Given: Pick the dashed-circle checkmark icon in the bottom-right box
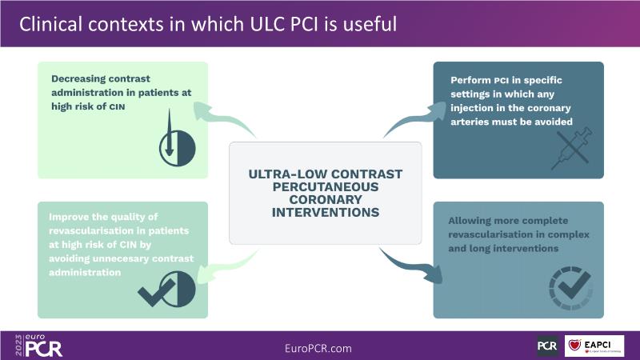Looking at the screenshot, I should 569,286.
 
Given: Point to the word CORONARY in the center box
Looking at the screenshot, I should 325,201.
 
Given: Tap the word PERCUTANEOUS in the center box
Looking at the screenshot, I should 325,187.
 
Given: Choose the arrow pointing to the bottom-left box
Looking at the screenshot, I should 229,268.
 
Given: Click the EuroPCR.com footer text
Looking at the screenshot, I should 318,349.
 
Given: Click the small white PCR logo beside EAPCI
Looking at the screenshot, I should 547,346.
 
